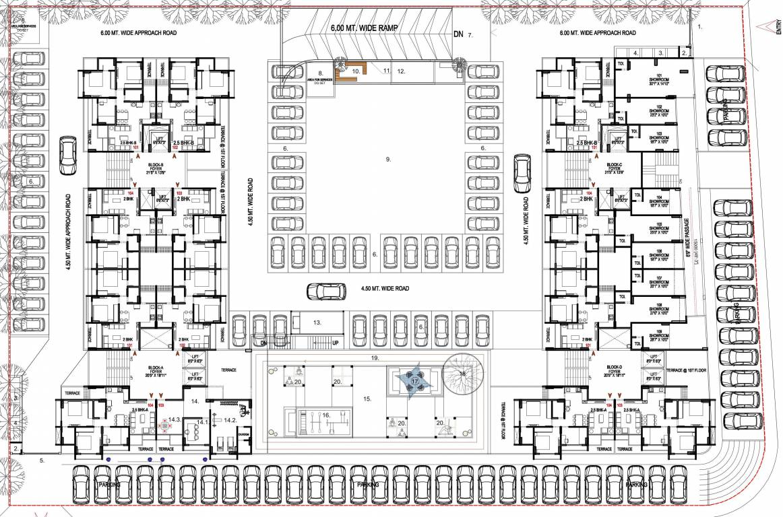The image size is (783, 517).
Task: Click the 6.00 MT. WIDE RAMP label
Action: [365, 29]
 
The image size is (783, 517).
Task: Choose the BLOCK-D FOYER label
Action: [614, 371]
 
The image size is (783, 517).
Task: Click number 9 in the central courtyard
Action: [388, 160]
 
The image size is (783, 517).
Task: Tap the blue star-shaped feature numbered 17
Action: [414, 381]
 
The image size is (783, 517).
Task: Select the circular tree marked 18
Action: [463, 373]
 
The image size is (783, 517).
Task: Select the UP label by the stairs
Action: [336, 343]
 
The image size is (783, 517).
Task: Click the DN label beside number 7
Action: [459, 34]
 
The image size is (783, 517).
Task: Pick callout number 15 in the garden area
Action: [367, 399]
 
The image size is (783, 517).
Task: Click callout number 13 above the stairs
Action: [317, 323]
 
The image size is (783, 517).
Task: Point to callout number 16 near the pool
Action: [325, 416]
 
